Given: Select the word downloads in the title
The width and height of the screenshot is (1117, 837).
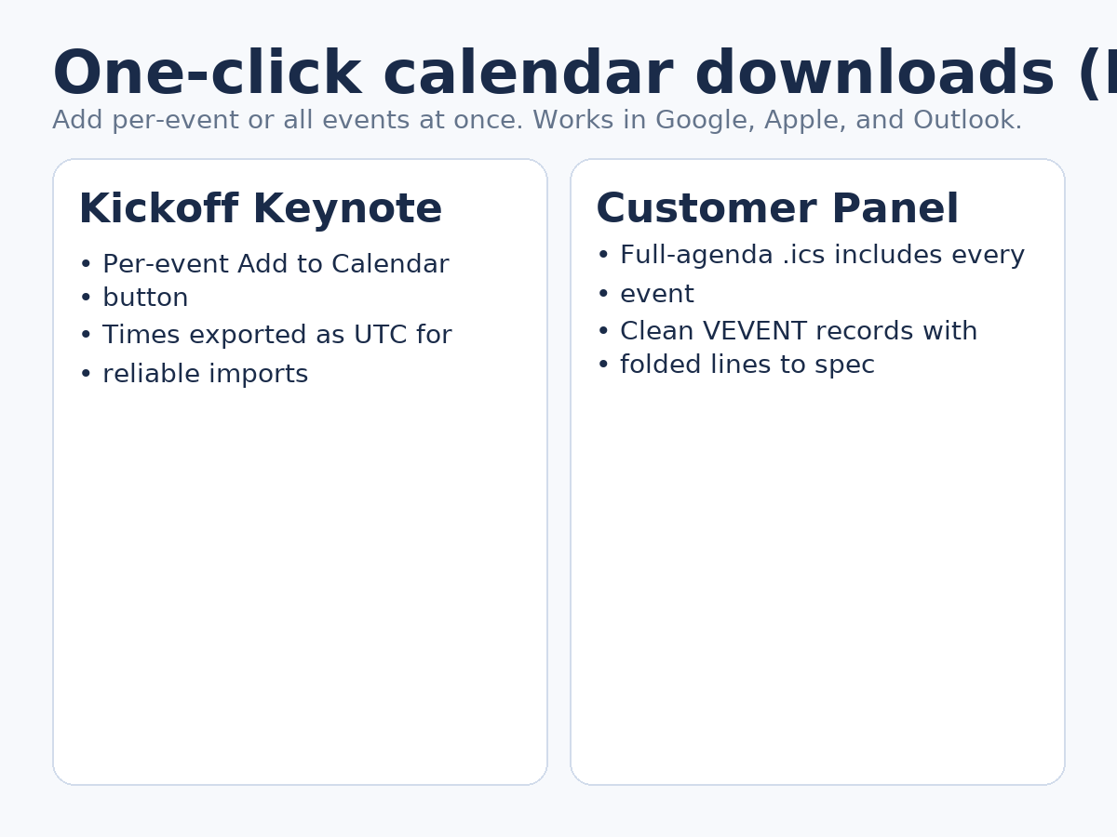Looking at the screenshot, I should (874, 74).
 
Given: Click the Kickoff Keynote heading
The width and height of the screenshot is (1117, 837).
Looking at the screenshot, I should (260, 209).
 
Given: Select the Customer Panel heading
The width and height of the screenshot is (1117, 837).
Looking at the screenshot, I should (776, 209).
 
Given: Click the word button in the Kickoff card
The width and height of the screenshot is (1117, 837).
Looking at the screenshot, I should (145, 299).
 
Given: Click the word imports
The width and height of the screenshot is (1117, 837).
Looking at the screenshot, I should (264, 375).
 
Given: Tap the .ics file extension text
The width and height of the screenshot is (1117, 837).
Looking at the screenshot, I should (807, 256).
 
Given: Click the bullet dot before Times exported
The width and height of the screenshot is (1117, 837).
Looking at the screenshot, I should (85, 336).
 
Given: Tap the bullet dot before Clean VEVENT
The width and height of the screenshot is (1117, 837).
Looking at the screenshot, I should (602, 332).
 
